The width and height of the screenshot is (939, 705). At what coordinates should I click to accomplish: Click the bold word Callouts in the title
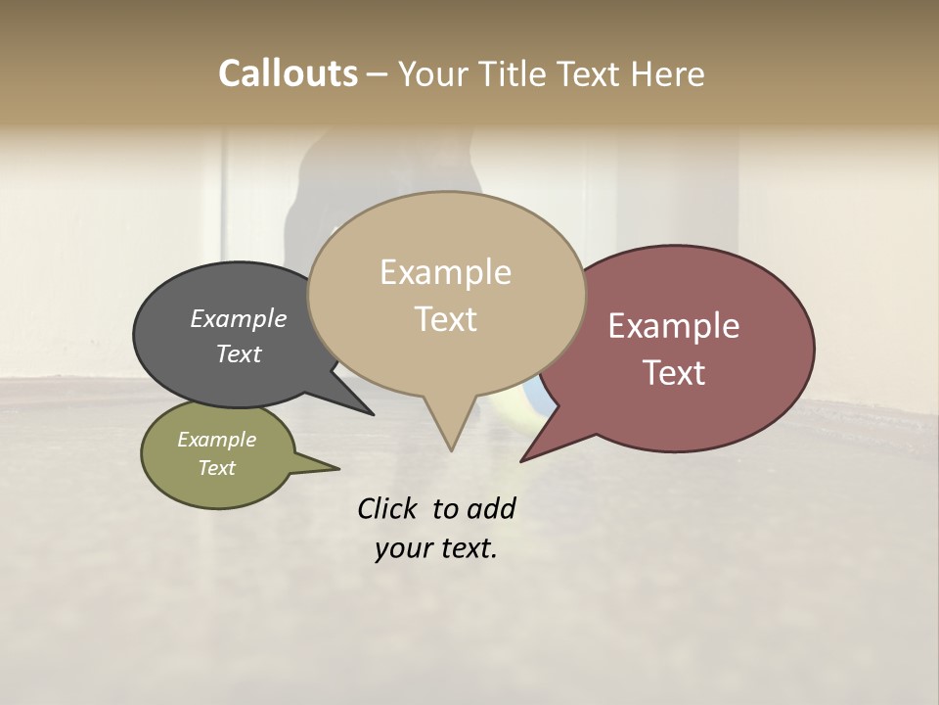click(x=288, y=73)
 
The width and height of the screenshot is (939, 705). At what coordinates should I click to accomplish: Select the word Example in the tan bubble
click(x=445, y=272)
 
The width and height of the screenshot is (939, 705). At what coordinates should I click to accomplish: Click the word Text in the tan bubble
click(x=445, y=318)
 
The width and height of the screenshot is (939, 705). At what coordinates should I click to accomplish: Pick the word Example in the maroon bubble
click(x=674, y=326)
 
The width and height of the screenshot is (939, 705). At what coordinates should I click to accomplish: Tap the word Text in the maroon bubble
click(x=674, y=372)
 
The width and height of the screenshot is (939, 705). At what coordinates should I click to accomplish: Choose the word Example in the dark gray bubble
click(x=238, y=318)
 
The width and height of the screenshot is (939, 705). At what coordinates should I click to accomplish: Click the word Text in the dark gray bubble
click(x=238, y=353)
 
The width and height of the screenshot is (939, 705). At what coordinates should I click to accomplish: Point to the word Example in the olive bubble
click(x=216, y=440)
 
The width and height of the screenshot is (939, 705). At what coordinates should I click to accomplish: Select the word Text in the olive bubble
click(x=216, y=468)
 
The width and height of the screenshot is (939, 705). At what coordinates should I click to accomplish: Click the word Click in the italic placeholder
click(x=388, y=508)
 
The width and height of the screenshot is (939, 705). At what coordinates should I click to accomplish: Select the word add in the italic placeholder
click(x=491, y=508)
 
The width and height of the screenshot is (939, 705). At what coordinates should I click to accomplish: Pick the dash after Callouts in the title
click(x=378, y=73)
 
